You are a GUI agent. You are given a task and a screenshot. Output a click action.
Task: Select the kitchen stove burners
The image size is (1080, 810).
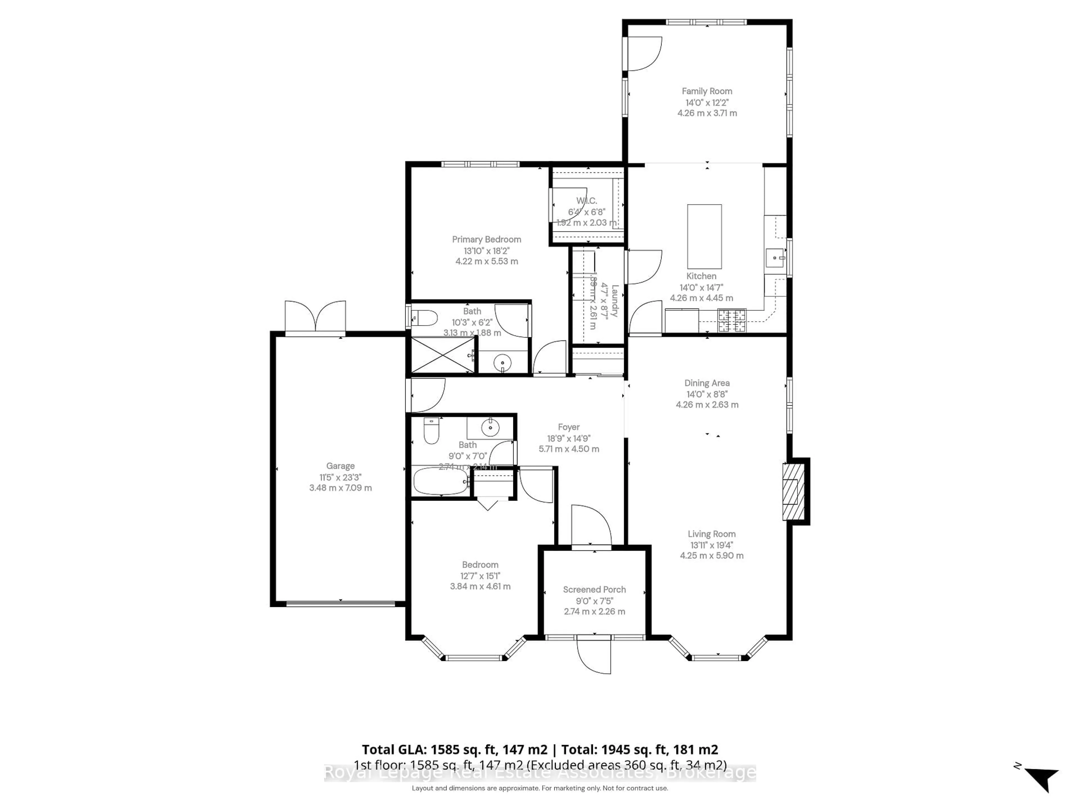click(x=732, y=321)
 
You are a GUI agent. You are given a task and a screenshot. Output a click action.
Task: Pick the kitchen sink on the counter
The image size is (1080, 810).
click(x=775, y=258)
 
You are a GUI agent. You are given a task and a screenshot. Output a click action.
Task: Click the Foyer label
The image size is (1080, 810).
click(x=568, y=427)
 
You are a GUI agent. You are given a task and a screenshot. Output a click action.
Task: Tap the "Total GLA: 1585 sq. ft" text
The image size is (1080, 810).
click(x=454, y=750)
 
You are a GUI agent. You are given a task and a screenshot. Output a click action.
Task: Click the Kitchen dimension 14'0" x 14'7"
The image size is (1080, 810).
click(x=701, y=287)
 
